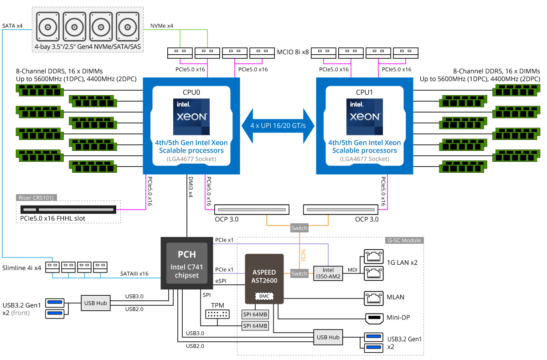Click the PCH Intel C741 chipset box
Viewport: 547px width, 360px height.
click(187, 263)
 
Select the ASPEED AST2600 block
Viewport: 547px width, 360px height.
click(264, 279)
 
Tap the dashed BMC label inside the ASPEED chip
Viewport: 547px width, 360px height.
click(264, 296)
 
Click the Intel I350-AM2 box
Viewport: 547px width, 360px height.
click(328, 273)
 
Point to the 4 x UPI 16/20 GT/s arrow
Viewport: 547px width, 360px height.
click(278, 126)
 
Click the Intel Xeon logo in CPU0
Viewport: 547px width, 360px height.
click(191, 117)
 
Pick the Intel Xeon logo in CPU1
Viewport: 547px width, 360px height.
click(365, 117)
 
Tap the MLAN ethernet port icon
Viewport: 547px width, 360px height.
click(374, 298)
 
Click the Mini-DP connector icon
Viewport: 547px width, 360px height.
click(374, 319)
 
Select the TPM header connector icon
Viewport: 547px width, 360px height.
click(217, 314)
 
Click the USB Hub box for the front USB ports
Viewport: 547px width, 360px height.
click(95, 303)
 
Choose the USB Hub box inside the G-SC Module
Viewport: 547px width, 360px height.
click(328, 337)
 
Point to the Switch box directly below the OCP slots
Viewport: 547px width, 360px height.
click(299, 228)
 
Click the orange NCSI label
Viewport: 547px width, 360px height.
click(303, 255)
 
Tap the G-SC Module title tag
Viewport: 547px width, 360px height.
click(404, 241)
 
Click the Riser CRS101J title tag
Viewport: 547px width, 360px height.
click(36, 197)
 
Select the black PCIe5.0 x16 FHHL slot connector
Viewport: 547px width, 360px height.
click(68, 210)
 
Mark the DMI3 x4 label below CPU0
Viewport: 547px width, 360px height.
click(191, 187)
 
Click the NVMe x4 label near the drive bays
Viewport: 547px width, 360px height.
click(162, 26)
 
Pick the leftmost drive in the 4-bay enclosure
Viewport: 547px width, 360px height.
click(47, 26)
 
